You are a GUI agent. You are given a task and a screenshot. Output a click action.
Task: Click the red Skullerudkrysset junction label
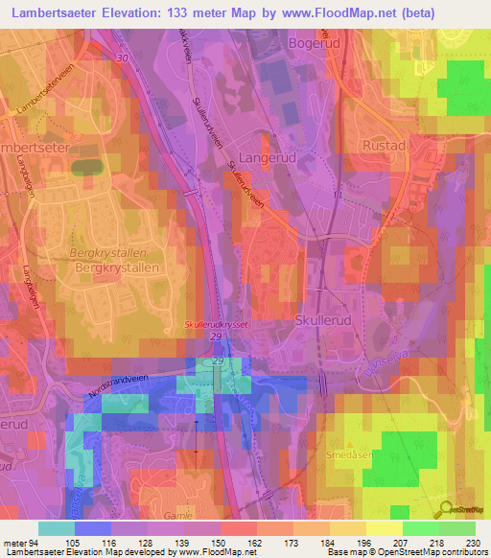[x=217, y=326]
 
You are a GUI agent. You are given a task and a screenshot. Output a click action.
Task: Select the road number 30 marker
[x=121, y=58]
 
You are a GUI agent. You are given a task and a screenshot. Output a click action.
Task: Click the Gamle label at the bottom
[x=199, y=516]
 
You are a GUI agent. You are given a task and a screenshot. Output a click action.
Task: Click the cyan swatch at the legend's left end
[x=56, y=528]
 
